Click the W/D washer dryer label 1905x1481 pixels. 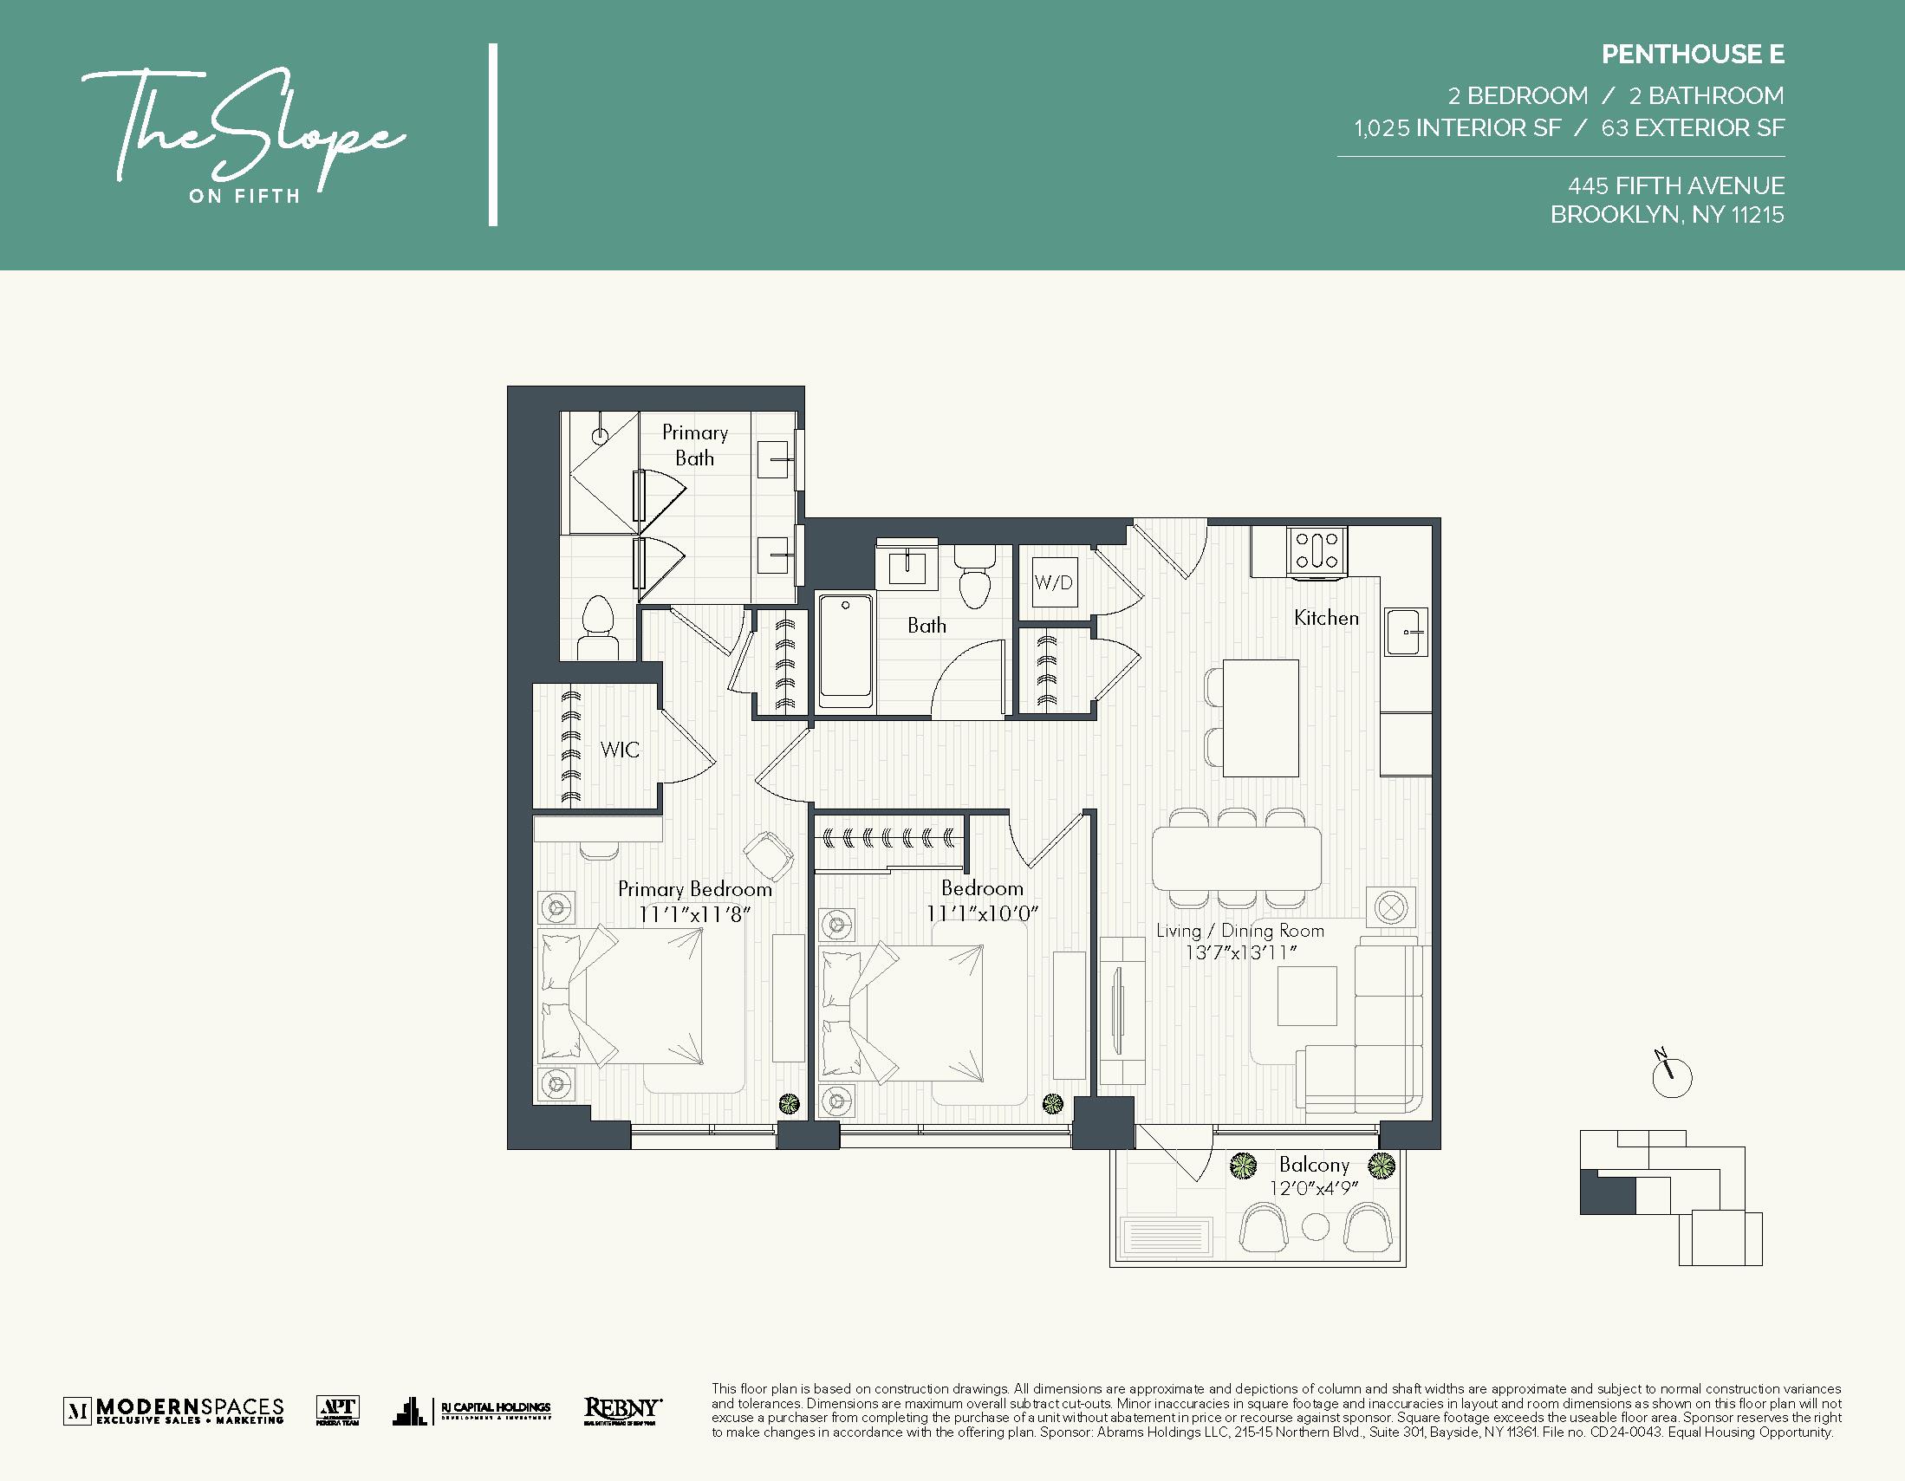(1053, 582)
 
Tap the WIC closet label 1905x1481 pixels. (620, 750)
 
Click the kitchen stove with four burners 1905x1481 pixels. (1317, 551)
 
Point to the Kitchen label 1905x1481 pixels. (1326, 619)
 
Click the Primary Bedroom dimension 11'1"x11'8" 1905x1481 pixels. (694, 914)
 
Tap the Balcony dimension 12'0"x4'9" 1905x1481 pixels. (1314, 1188)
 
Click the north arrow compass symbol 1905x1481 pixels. (1671, 1076)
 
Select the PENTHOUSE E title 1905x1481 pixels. (1692, 54)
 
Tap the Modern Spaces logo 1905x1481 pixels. (174, 1409)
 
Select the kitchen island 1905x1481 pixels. (1259, 718)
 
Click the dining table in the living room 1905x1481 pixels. (1236, 857)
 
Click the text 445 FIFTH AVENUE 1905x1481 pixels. (1675, 185)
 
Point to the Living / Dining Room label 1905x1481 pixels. (1239, 931)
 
